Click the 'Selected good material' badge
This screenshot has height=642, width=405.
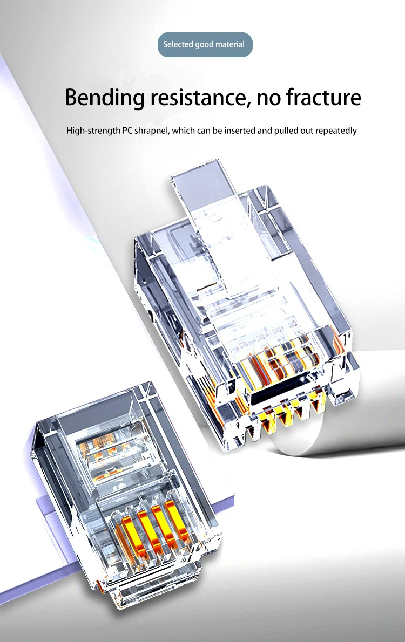coord(205,44)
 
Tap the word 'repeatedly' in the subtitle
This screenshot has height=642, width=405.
coord(336,131)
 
